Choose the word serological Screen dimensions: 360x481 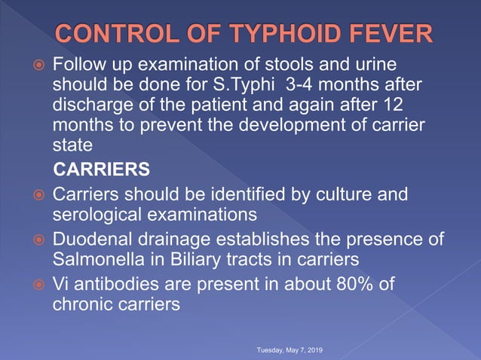pyautogui.click(x=96, y=215)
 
